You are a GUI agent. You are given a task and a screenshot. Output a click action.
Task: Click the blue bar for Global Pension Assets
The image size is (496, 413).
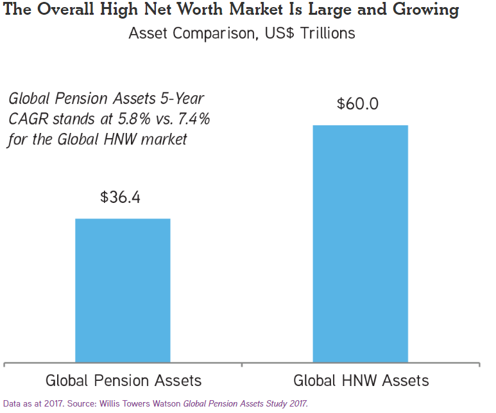click(x=123, y=290)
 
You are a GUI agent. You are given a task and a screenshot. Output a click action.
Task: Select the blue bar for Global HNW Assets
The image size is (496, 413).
click(x=360, y=244)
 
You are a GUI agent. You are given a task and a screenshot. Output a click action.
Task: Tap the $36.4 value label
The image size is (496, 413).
click(x=121, y=197)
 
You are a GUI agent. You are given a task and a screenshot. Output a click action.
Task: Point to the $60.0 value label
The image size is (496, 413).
click(x=358, y=104)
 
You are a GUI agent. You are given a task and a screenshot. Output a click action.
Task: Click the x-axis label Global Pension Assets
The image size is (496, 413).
click(x=123, y=380)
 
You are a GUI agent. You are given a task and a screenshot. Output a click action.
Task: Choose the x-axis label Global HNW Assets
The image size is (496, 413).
click(x=361, y=380)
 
